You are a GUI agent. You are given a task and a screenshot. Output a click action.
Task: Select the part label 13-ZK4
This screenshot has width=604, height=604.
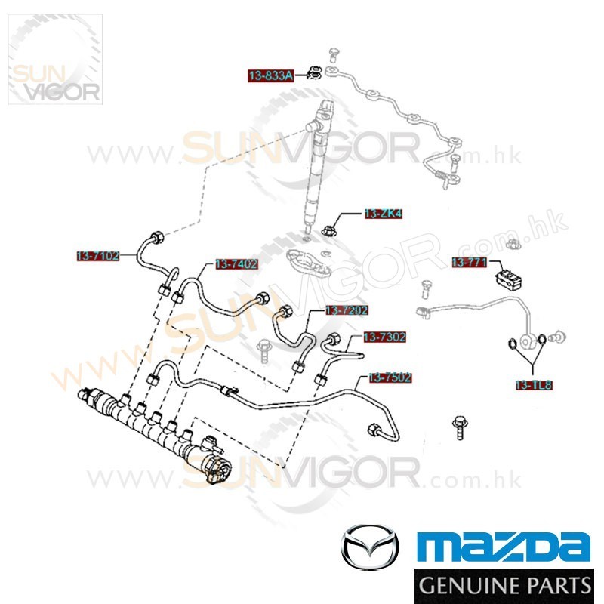[383, 214]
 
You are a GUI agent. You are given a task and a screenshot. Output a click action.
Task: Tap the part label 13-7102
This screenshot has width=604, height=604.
[97, 256]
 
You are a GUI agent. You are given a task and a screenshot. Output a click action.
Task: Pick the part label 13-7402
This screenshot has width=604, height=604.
[236, 264]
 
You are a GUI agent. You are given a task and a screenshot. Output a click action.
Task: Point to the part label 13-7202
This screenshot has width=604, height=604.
[347, 310]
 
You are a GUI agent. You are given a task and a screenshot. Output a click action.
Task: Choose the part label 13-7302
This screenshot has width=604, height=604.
[384, 337]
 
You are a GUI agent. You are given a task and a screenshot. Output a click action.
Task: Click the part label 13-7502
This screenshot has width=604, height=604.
[390, 377]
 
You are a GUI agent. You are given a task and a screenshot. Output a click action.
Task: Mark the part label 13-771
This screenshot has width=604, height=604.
[468, 262]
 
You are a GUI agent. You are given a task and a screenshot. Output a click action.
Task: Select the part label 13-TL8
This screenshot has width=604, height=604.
[534, 384]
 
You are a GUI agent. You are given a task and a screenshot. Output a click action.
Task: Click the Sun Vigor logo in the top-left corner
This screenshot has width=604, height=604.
[54, 60]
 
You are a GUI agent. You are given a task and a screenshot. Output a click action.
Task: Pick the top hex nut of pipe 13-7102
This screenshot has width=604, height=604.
[157, 237]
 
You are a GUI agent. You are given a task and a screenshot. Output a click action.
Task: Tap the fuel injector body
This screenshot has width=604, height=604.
[318, 162]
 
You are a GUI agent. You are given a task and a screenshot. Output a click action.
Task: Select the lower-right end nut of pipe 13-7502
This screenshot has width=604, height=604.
[374, 431]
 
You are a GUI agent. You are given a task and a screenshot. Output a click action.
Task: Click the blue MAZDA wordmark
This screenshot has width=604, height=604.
[504, 545]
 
